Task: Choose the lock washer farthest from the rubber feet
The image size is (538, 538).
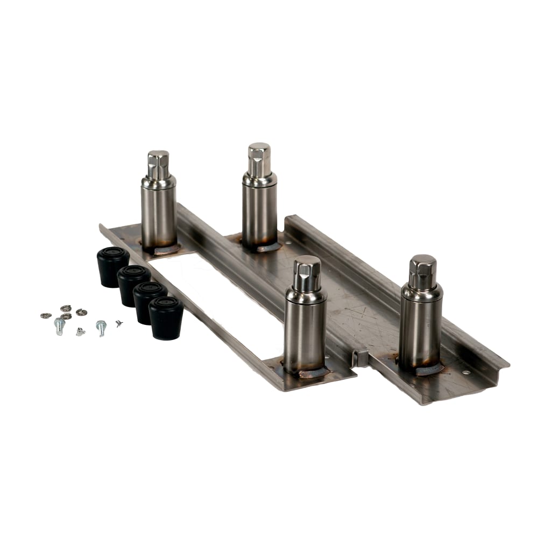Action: tap(46, 315)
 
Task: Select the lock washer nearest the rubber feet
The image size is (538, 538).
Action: tap(82, 312)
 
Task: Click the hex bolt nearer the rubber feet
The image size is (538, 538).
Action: tap(101, 327)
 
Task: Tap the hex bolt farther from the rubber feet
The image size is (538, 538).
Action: tap(59, 325)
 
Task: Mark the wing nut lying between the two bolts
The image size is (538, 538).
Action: tap(80, 331)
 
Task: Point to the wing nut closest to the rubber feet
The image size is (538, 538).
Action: tap(119, 323)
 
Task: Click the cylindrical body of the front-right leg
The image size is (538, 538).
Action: tap(420, 334)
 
